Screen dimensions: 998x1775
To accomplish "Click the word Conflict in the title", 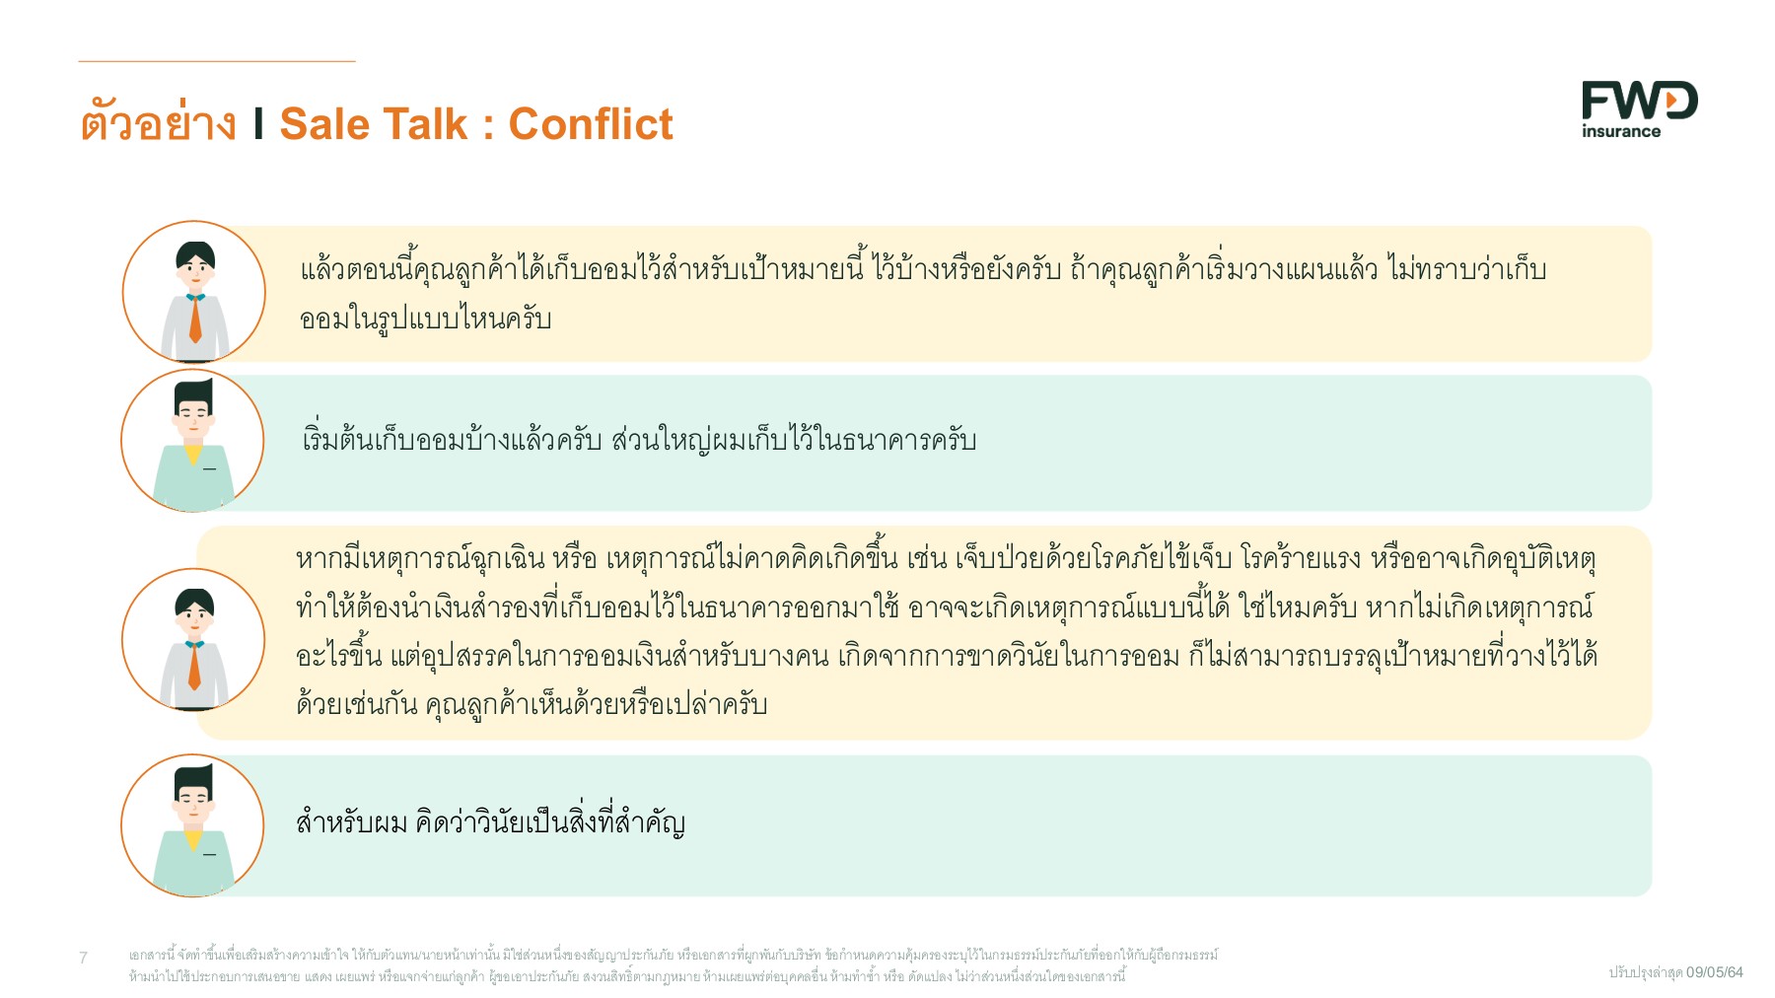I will (590, 124).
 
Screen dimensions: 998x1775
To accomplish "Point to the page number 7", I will (84, 957).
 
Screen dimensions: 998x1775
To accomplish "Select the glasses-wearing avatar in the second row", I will (193, 440).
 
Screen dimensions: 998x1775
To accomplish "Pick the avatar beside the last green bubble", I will (193, 825).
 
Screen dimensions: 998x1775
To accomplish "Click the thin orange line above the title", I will (217, 61).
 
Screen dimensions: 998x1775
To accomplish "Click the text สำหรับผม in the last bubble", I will (351, 822).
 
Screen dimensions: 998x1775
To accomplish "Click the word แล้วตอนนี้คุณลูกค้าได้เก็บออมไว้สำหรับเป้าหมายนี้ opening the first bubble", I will (582, 269).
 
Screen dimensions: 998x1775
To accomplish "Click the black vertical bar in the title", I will (258, 124).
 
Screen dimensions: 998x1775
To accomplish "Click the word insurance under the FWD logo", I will (1621, 131).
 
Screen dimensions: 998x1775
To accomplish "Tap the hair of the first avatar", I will (195, 251).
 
